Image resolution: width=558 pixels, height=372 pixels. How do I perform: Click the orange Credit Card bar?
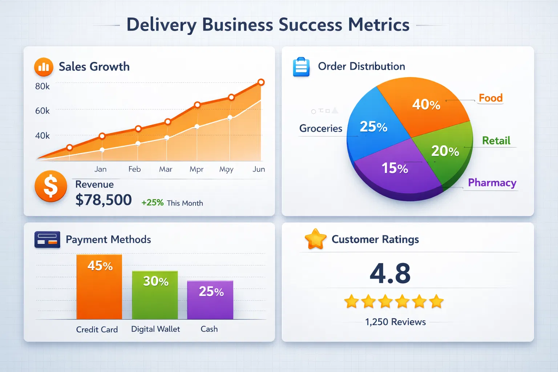99,287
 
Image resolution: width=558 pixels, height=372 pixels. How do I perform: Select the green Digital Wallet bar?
155,295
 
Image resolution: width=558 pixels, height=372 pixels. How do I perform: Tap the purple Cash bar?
210,300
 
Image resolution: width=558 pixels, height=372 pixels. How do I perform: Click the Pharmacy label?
492,182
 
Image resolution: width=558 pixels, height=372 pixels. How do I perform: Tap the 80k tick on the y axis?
43,86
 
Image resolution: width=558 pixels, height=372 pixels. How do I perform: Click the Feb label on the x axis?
134,169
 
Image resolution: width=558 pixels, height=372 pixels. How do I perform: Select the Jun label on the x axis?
259,169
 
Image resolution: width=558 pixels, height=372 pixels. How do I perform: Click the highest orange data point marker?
261,82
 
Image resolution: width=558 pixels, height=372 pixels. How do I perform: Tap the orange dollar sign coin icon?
51,186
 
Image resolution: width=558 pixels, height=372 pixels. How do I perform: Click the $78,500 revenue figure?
104,200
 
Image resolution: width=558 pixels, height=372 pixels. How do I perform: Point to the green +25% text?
153,203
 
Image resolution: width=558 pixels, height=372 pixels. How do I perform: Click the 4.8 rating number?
390,273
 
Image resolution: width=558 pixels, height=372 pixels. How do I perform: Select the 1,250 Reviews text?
395,322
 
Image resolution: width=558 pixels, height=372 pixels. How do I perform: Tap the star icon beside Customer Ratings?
315,239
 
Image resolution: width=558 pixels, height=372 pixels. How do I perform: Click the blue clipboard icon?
301,67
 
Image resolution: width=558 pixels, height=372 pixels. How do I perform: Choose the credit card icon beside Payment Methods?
47,239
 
